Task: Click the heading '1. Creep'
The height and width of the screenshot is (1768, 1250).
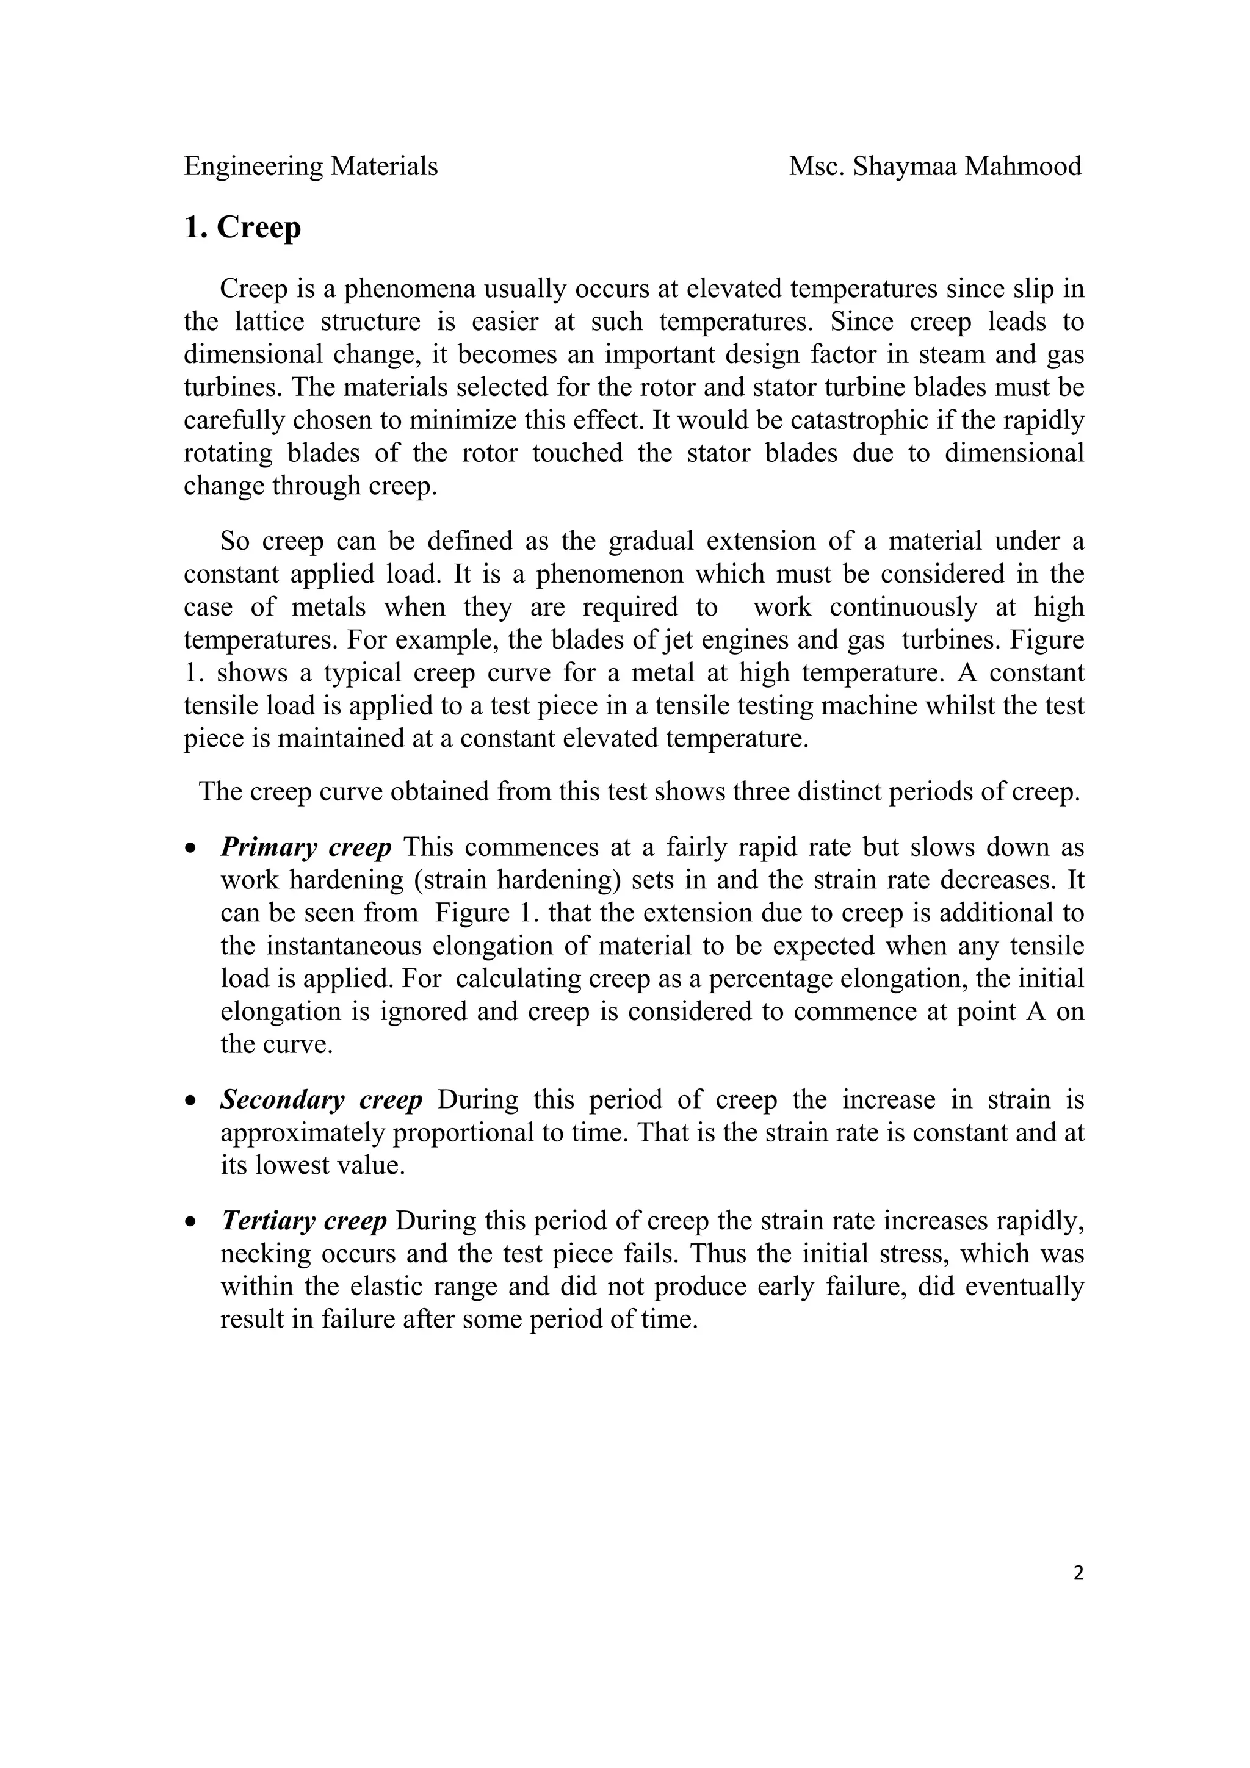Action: click(x=242, y=228)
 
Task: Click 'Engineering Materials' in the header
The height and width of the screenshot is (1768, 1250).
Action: click(x=311, y=167)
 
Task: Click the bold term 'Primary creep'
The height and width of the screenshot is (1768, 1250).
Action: click(x=306, y=847)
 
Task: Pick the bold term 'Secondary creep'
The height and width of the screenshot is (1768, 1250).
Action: click(x=321, y=1099)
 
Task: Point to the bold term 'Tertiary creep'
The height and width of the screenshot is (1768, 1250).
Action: click(x=303, y=1221)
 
